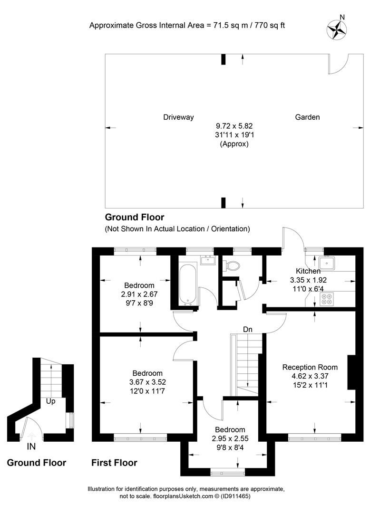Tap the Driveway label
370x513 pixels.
(x=178, y=117)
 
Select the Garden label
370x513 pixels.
(x=307, y=117)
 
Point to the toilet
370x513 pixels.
(x=232, y=266)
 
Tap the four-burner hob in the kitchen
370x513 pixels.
(x=327, y=299)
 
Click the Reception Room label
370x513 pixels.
(x=310, y=367)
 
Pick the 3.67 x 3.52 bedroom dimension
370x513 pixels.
(x=147, y=382)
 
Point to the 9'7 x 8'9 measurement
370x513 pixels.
(x=139, y=303)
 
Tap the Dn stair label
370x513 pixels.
(x=247, y=329)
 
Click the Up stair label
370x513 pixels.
(x=51, y=401)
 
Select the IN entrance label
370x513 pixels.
(x=31, y=446)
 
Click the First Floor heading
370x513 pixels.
(x=114, y=463)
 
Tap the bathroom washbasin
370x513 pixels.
(x=207, y=260)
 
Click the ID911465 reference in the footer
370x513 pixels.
(x=234, y=496)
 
